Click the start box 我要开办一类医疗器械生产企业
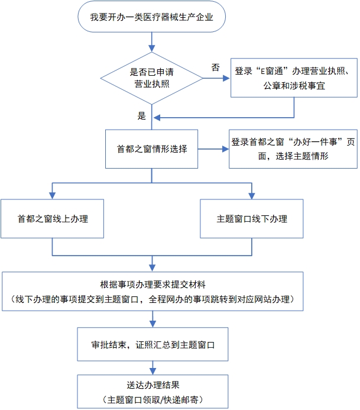(x=151, y=17)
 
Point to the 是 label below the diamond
(x=142, y=116)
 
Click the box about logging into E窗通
(x=294, y=78)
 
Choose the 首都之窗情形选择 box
(x=152, y=148)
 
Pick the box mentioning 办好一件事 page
(x=293, y=149)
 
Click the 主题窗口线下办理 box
(x=252, y=218)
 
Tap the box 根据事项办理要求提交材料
(x=153, y=290)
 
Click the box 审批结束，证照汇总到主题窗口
(x=153, y=343)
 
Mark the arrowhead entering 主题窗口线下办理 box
(x=252, y=195)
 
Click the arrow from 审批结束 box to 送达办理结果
(x=153, y=367)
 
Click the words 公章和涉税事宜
(x=294, y=86)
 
